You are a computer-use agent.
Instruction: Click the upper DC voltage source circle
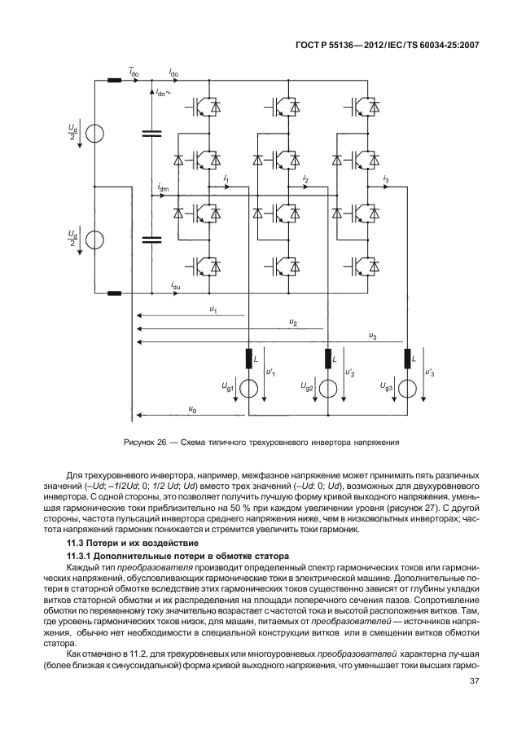click(x=94, y=132)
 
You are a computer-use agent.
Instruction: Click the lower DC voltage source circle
click(x=94, y=240)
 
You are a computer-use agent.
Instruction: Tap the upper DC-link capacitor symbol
click(x=151, y=132)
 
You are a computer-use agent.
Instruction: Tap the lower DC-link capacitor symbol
click(x=151, y=240)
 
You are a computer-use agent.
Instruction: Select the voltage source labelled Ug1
click(x=249, y=390)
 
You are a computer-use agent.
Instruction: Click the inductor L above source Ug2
click(x=329, y=358)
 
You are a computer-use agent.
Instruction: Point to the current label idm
click(x=163, y=189)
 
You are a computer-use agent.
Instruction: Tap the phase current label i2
click(x=305, y=178)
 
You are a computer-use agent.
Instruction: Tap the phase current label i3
click(x=385, y=178)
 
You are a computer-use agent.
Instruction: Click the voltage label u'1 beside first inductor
click(x=270, y=372)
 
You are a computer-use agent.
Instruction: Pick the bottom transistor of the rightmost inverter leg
click(x=363, y=265)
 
